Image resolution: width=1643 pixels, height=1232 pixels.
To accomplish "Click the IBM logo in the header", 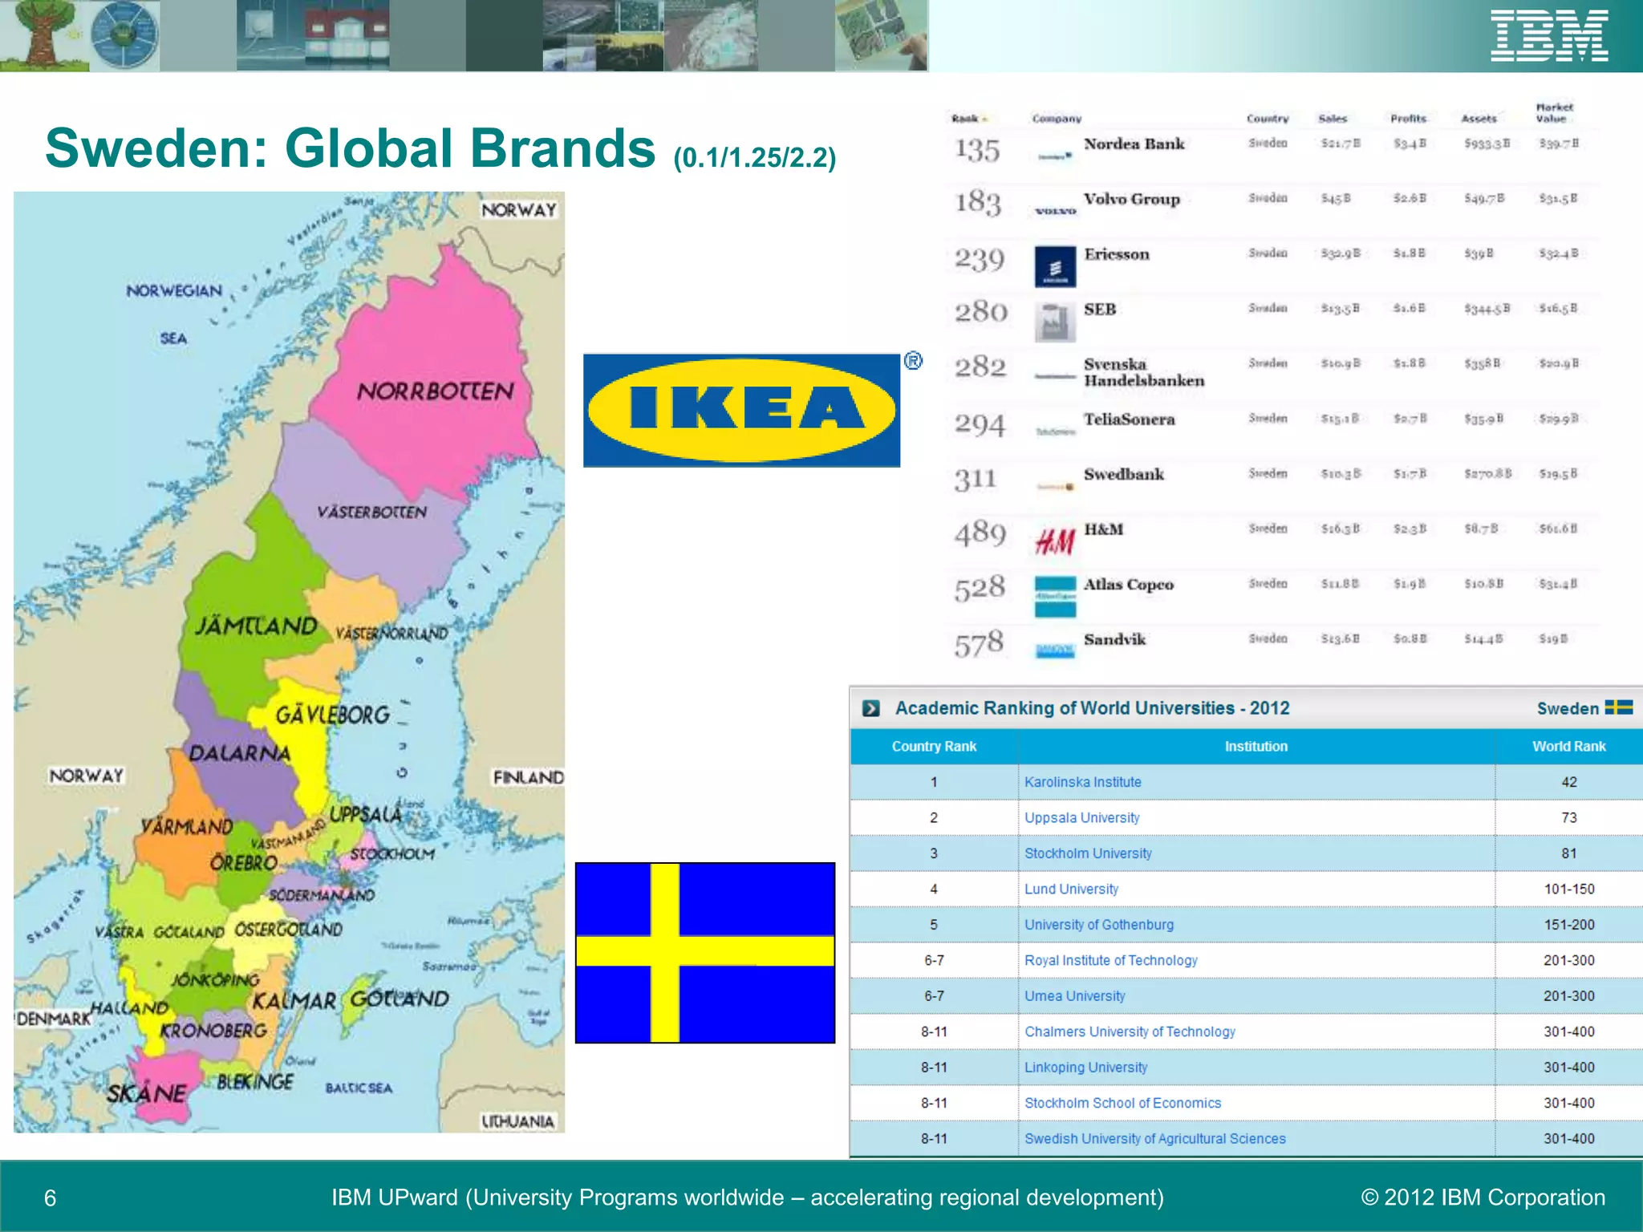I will (x=1548, y=36).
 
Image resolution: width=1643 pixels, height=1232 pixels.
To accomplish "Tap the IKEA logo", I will (x=741, y=410).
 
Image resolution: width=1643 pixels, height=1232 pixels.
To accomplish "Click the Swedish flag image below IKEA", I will (x=705, y=952).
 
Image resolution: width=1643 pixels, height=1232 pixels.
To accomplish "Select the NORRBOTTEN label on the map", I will (x=435, y=391).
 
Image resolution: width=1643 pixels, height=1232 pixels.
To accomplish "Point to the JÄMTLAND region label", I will (x=256, y=626).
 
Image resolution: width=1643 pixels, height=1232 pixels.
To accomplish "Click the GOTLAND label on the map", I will (x=400, y=999).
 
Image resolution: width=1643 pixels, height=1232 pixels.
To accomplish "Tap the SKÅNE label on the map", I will (x=147, y=1092).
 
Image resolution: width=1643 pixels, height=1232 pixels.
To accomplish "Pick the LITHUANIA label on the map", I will (x=517, y=1121).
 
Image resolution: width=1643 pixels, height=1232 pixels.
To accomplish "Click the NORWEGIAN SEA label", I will (x=174, y=313).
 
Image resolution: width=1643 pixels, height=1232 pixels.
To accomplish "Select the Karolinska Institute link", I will (x=1082, y=782).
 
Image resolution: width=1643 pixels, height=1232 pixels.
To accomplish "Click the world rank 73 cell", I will (x=1568, y=817).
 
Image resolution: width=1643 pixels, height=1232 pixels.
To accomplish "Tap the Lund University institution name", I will (x=1071, y=889).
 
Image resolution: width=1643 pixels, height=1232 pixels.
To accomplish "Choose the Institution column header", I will (x=1256, y=746).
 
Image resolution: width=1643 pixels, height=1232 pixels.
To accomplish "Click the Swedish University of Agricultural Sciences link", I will (x=1154, y=1138).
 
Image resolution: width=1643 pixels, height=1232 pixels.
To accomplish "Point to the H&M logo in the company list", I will (x=1054, y=542).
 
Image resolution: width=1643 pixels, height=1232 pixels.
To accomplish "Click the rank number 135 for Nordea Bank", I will (x=977, y=150).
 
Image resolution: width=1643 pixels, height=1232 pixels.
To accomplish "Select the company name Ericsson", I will (x=1116, y=254).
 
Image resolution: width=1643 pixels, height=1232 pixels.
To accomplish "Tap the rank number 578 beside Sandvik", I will (x=979, y=643).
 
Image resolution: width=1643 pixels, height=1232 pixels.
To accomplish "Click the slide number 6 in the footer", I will (x=50, y=1198).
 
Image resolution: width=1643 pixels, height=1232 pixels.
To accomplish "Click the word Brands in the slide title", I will (x=562, y=148).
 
